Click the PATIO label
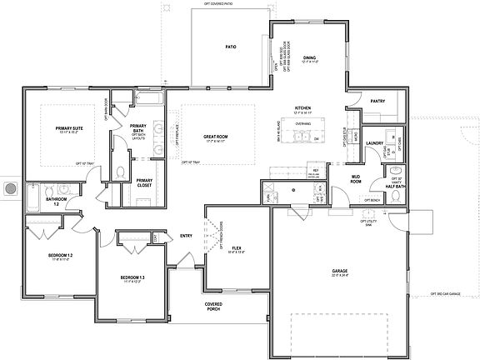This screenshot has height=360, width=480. [x=231, y=47]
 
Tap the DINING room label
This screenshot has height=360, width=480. [x=309, y=57]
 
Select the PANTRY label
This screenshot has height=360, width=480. [x=377, y=101]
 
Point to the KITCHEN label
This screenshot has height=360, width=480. [x=302, y=108]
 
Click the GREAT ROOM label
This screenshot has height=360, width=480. [x=216, y=136]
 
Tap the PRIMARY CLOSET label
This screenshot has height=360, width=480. [x=144, y=182]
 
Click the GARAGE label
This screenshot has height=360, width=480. [x=339, y=271]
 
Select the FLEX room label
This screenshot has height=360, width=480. [x=236, y=247]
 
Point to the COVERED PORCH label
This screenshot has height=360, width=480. [x=213, y=307]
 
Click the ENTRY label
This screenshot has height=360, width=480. [x=187, y=236]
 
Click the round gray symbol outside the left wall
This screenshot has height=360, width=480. [x=10, y=189]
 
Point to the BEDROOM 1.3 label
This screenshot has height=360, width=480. [x=132, y=277]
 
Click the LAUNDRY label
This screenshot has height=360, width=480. [x=374, y=143]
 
